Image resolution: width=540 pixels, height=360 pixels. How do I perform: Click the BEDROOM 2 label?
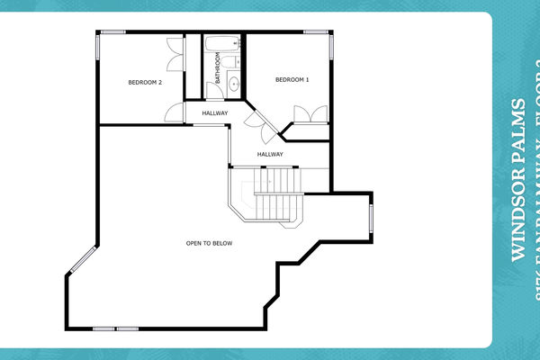pos(145,83)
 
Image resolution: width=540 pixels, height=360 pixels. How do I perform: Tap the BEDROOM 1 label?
pos(292,80)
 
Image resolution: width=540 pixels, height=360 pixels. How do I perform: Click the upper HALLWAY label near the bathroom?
pos(215,112)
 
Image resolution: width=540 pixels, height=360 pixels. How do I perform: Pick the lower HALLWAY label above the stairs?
pos(270,154)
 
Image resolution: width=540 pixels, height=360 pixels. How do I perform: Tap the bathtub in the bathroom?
pos(221,43)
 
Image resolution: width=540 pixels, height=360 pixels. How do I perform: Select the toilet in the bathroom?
pos(229,61)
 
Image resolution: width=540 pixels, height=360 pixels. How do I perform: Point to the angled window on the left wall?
pos(79,260)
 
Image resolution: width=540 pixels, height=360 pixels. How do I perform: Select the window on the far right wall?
pos(371,217)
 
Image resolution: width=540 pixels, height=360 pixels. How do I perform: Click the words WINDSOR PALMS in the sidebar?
pos(517,180)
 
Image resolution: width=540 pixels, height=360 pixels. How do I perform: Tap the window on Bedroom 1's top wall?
pos(316,32)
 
